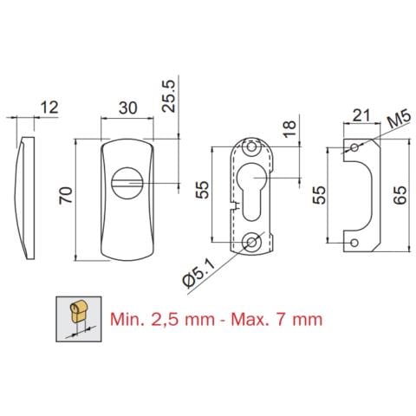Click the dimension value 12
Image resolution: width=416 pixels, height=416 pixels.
coord(49,107)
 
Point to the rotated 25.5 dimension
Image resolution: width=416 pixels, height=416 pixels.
coord(168,93)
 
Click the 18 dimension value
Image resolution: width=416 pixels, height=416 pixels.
coord(289,130)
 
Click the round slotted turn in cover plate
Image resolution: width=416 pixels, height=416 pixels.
coord(127,184)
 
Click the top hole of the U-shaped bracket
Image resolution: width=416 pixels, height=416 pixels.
coord(354,148)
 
